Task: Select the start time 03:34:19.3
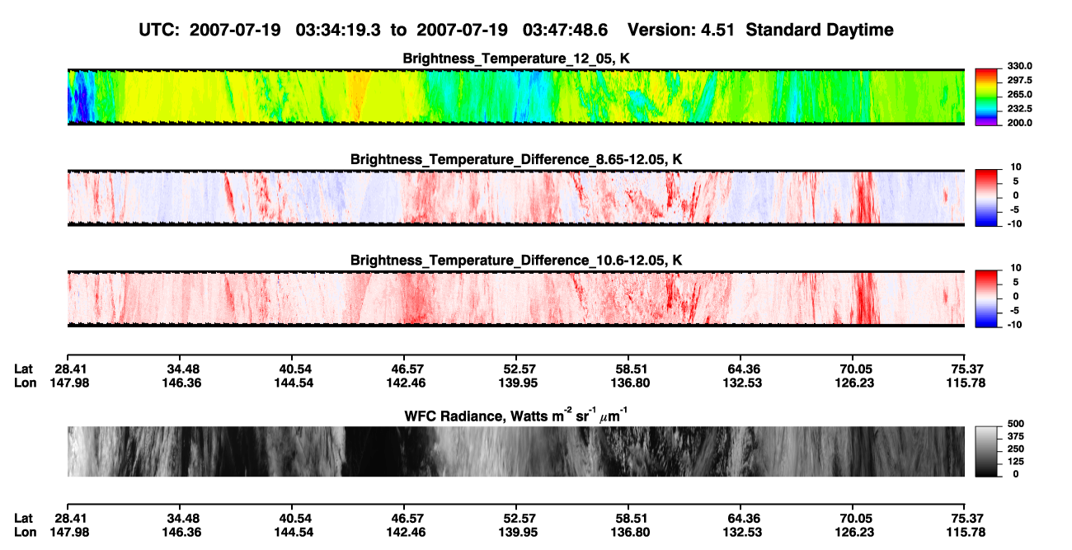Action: tap(338, 30)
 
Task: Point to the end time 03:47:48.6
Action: tap(565, 30)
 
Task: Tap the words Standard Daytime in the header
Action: tap(820, 30)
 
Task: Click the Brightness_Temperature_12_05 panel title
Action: tap(516, 59)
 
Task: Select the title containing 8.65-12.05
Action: tap(516, 159)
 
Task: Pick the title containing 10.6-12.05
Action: tap(516, 261)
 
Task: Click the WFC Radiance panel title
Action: tap(516, 416)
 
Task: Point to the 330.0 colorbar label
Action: tap(1019, 66)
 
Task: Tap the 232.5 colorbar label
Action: tap(1019, 109)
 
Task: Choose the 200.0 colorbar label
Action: tap(1019, 123)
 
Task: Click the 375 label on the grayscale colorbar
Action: tap(1016, 436)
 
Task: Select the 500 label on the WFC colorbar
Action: tap(1016, 424)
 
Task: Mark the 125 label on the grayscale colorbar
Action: tap(1016, 462)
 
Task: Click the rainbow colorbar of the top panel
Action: tap(986, 97)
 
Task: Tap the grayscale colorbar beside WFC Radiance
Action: tap(986, 451)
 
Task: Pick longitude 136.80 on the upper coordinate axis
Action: tap(630, 383)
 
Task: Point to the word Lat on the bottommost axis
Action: tap(23, 519)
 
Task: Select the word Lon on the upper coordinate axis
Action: tap(26, 383)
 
